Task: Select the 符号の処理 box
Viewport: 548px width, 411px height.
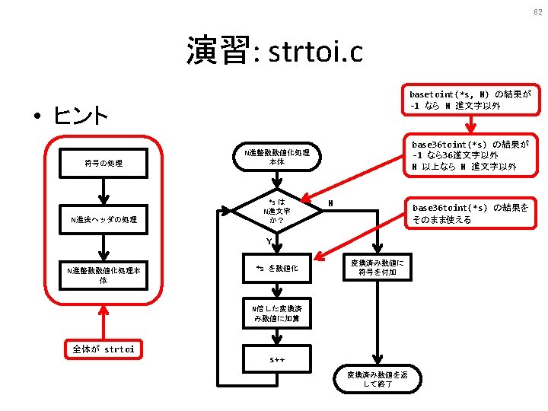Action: pos(104,163)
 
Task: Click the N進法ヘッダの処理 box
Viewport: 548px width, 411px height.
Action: pos(104,219)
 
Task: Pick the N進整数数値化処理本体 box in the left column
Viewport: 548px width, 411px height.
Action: pos(104,275)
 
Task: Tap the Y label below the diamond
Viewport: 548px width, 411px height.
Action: pos(269,242)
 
